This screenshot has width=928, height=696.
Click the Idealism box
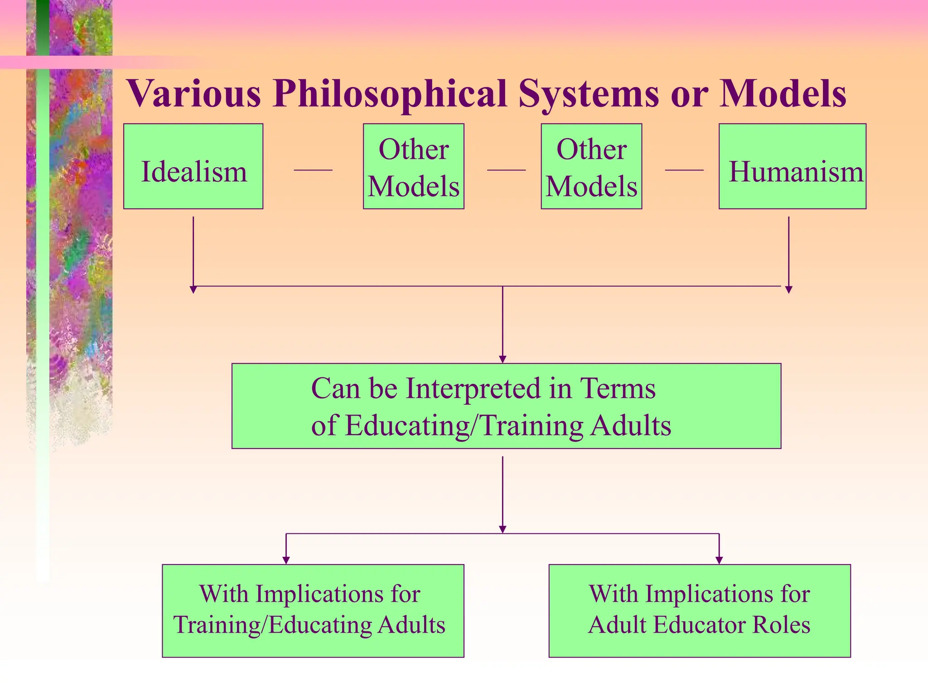tap(193, 166)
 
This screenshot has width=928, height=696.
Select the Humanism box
tap(792, 166)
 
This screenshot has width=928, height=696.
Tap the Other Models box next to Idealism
tap(413, 166)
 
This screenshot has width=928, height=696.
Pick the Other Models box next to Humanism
tap(591, 166)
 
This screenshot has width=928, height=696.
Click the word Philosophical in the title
tap(390, 94)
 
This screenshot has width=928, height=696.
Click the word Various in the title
tap(194, 94)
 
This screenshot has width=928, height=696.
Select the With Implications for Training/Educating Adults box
tap(313, 610)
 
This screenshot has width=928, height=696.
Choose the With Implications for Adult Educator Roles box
tap(699, 610)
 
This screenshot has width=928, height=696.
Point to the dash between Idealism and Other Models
tap(313, 170)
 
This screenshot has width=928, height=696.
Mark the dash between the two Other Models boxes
tap(506, 170)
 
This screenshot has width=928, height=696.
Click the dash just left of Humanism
tap(684, 170)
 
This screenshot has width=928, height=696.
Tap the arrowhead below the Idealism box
tap(193, 290)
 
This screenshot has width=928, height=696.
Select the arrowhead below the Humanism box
tap(788, 290)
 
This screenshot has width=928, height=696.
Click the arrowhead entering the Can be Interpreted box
tap(503, 359)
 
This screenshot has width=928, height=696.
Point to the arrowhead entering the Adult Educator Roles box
tap(719, 561)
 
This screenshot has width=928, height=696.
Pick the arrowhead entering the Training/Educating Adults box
tap(286, 561)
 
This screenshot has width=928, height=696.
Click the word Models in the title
tap(783, 94)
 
